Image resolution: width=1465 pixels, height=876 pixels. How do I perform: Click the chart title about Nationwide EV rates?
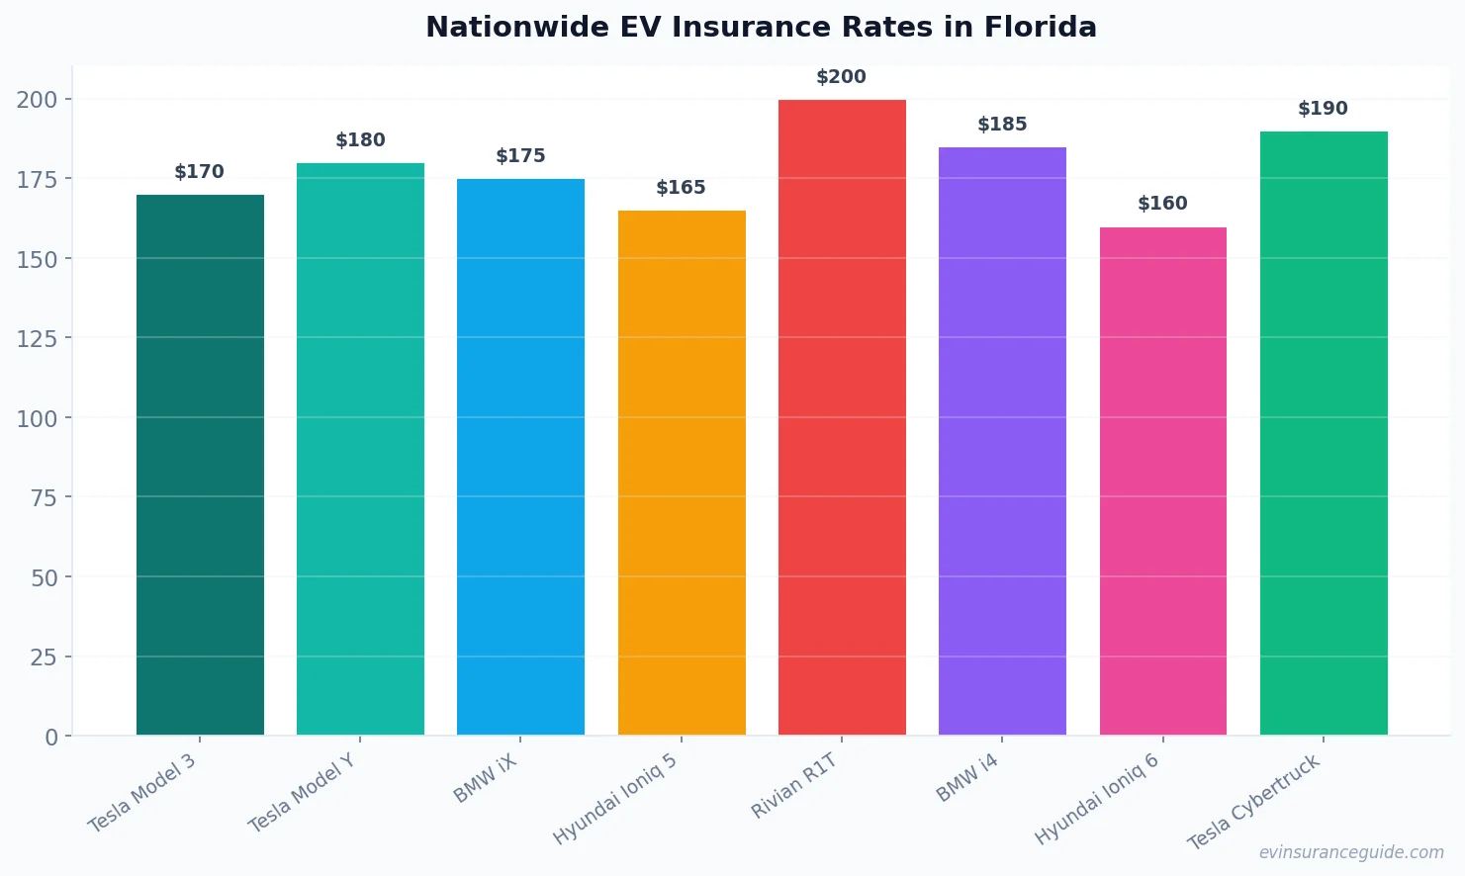tap(761, 27)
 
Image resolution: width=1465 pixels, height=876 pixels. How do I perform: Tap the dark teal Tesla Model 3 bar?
tap(200, 465)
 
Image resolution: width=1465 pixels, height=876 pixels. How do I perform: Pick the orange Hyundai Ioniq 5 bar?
tap(682, 473)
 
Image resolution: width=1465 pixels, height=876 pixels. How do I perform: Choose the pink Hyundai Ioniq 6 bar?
tap(1162, 482)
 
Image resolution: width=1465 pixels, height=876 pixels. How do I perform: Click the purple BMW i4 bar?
tap(1002, 441)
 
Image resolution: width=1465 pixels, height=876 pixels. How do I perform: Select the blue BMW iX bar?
tap(520, 457)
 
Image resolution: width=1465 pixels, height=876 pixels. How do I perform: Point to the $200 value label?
tap(841, 77)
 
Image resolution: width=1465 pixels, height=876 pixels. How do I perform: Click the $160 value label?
tap(1162, 204)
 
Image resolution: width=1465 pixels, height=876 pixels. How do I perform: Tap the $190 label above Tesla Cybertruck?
tap(1323, 109)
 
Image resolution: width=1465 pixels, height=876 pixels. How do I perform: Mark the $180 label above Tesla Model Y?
tap(360, 140)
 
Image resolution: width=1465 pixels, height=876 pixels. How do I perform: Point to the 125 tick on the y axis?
tap(37, 338)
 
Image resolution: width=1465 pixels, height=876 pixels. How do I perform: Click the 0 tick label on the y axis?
tap(51, 737)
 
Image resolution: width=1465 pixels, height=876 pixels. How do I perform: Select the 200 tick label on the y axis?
tap(37, 99)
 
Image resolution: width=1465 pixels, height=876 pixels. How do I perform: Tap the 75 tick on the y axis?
tap(44, 497)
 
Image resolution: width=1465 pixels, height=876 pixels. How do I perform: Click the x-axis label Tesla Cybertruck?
tap(1253, 802)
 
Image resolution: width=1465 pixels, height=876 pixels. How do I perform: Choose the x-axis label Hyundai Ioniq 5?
tap(614, 799)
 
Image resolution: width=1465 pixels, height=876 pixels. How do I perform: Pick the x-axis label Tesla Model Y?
tap(301, 793)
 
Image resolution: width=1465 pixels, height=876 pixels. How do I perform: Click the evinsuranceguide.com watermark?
tap(1351, 852)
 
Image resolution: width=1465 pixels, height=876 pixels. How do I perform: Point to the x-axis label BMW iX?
tap(485, 777)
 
